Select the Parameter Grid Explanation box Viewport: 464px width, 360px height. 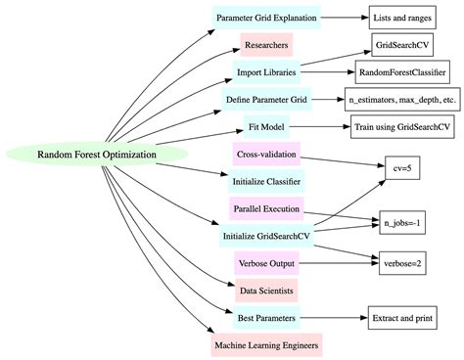[267, 17]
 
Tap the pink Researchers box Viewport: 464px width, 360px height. [267, 44]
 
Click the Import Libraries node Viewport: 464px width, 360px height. [267, 71]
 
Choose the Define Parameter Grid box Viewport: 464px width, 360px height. [267, 99]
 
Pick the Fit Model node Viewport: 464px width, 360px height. [267, 126]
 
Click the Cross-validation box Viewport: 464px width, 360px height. [267, 154]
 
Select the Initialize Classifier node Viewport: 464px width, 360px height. [267, 181]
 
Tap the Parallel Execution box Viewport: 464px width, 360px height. [267, 208]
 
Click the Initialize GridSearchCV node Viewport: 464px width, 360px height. [267, 236]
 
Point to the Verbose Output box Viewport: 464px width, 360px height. [267, 263]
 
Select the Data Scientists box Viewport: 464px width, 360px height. [267, 291]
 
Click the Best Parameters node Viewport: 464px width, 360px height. [267, 318]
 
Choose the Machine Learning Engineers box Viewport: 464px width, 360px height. [267, 345]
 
